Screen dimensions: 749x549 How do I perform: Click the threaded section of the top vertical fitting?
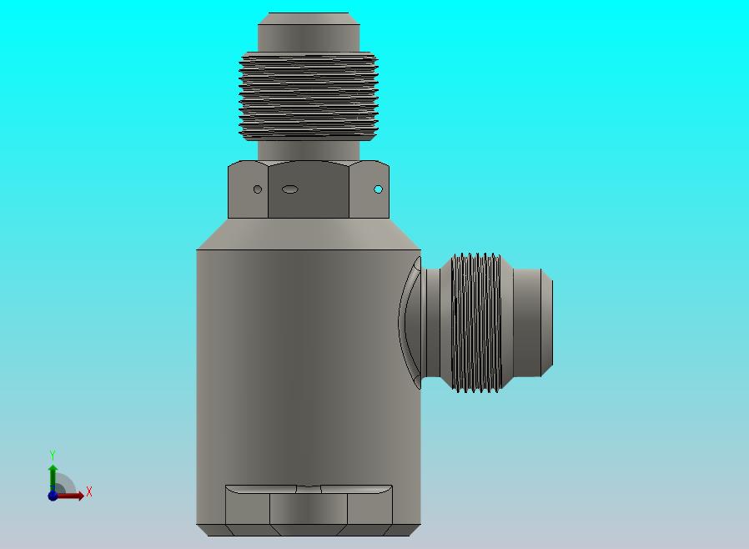309,96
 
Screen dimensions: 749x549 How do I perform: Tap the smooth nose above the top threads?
309,33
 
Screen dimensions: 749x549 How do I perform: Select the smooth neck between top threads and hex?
309,150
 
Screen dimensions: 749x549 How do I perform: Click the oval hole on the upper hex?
290,189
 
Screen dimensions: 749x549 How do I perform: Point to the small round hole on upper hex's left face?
258,189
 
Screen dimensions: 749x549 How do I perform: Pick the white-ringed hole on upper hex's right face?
378,189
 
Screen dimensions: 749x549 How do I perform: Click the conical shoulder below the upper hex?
309,234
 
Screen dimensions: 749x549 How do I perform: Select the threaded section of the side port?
476,323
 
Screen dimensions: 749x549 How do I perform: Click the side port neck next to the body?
432,323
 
